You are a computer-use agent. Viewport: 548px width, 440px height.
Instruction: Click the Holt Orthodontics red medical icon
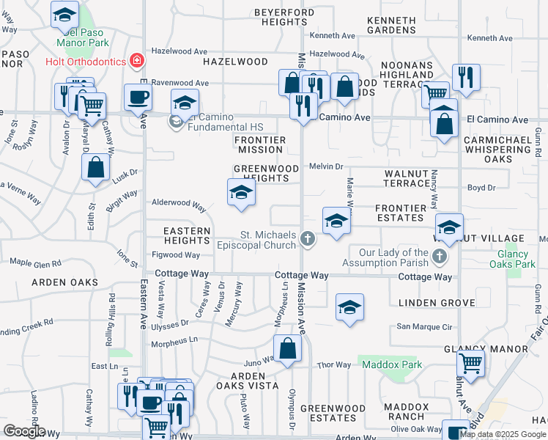point(136,60)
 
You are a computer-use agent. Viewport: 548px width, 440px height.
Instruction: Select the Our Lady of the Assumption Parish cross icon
point(439,255)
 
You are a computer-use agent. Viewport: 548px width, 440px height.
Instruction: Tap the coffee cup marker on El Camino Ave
point(138,98)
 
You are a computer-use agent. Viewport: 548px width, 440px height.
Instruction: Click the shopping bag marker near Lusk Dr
point(96,167)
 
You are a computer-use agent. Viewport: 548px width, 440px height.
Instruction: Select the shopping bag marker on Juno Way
point(289,350)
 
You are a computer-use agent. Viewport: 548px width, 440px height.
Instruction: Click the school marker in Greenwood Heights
point(241,194)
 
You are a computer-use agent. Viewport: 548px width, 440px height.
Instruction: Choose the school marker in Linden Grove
point(350,308)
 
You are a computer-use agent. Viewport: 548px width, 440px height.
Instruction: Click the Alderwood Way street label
point(178,203)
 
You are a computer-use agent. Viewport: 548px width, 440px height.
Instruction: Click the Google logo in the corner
point(24,431)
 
